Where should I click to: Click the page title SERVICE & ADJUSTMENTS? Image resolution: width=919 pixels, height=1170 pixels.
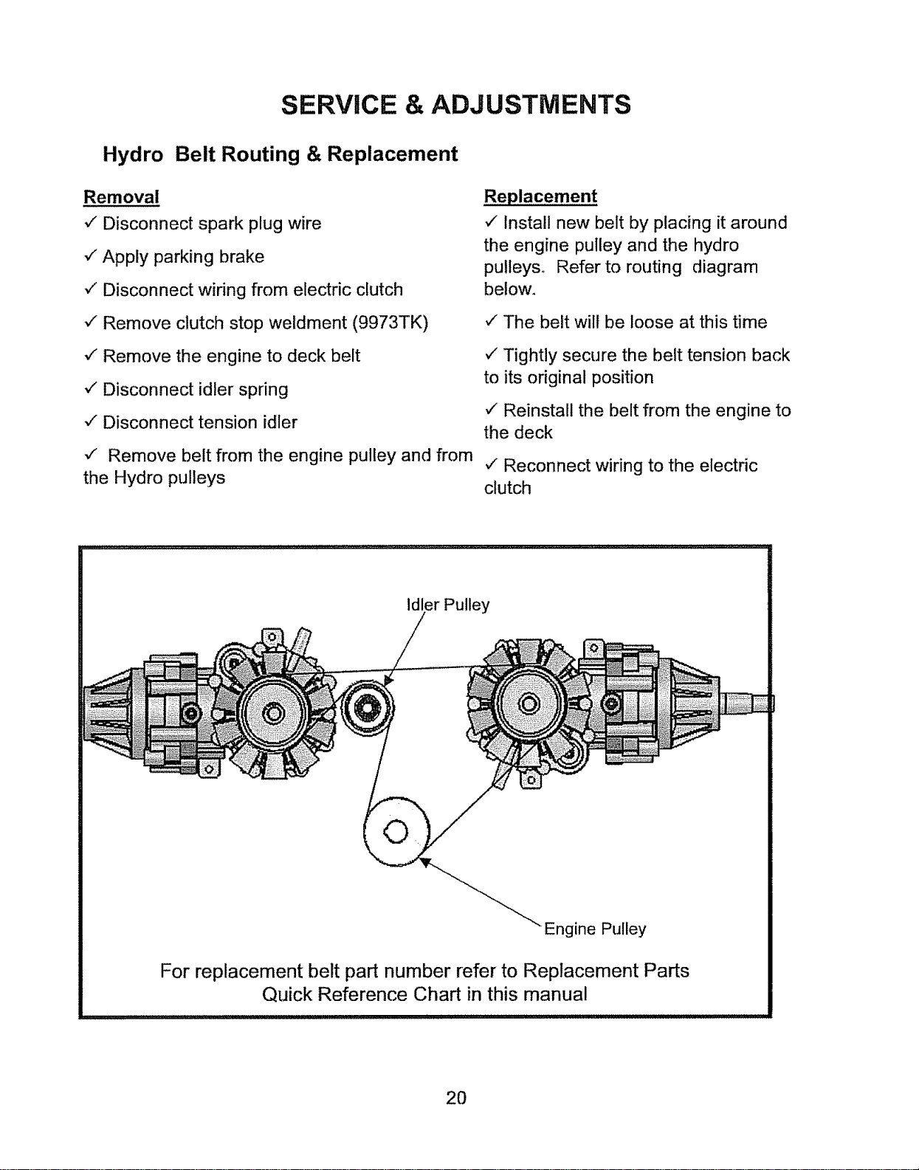(455, 105)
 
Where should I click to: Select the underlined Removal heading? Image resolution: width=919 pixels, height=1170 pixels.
(121, 197)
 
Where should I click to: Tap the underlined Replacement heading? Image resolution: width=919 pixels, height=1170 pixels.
(540, 196)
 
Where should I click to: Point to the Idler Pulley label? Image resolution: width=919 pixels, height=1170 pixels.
(448, 605)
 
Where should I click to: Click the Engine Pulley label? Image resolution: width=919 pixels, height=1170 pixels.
(595, 929)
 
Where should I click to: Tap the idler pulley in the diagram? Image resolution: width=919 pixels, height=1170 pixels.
(367, 707)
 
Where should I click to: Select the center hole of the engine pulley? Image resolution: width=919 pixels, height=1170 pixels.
(396, 833)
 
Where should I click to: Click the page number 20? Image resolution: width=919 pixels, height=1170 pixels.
(456, 1098)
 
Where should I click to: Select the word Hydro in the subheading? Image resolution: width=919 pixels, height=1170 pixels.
(133, 154)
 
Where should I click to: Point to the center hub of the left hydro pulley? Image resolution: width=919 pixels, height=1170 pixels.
(274, 714)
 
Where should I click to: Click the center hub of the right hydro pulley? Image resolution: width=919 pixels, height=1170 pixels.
(529, 703)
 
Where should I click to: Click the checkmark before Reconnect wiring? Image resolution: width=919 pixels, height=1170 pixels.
(491, 464)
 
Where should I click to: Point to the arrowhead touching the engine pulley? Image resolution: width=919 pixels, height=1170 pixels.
(426, 863)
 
